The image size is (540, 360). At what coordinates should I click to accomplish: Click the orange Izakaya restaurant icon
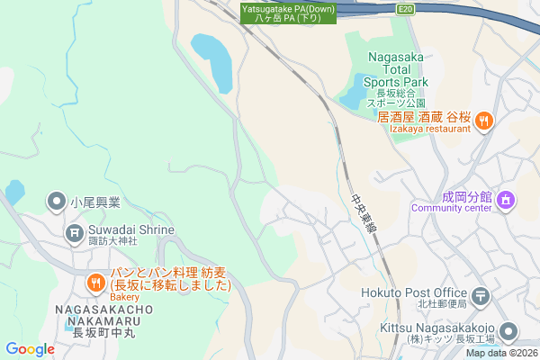[x=483, y=119]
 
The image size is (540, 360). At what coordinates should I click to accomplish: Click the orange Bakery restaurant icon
[x=95, y=284]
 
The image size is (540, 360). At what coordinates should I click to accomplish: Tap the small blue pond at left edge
[x=14, y=192]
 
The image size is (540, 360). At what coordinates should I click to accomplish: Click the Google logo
[x=30, y=349]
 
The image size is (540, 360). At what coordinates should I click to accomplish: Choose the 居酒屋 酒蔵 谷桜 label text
[x=424, y=117]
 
